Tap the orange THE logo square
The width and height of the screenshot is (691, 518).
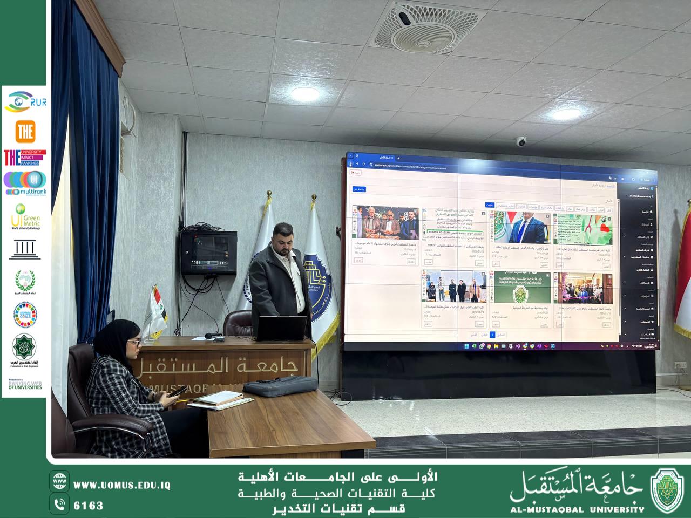click(x=25, y=131)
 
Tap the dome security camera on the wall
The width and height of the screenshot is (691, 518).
click(x=521, y=142)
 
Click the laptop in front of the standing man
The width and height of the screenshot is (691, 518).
click(x=281, y=328)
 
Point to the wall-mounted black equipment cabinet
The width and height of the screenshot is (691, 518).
click(x=208, y=251)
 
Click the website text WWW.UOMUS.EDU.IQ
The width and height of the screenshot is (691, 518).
click(x=121, y=486)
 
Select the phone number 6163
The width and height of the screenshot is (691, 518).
click(x=88, y=506)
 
